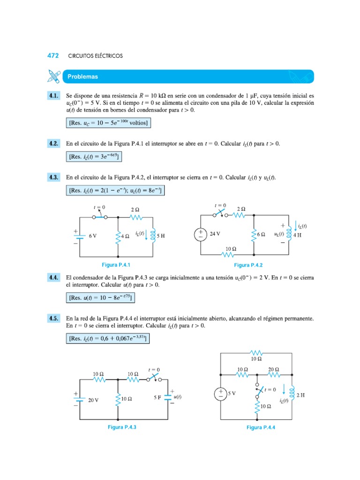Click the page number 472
(x=53, y=56)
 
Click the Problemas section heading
(x=82, y=76)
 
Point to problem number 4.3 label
(x=53, y=178)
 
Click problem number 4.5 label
(x=53, y=319)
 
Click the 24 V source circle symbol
(x=200, y=234)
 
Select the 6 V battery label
(x=92, y=236)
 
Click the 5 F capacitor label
(x=157, y=397)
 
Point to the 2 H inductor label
(x=300, y=395)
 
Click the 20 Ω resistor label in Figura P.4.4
(x=274, y=369)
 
